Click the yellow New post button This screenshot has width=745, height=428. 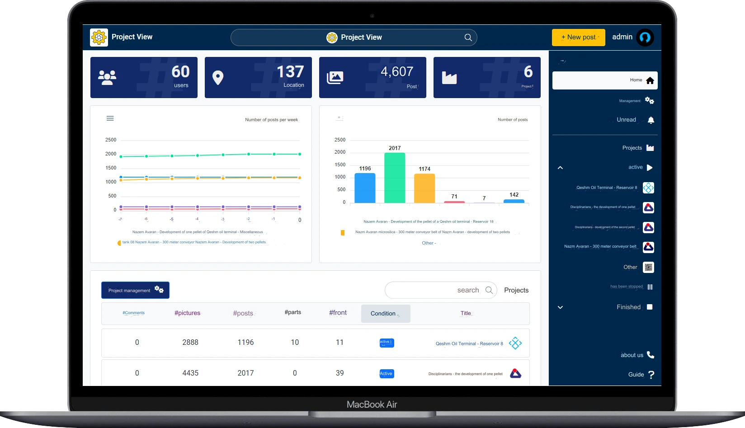click(578, 38)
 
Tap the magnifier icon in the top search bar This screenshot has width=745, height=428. click(468, 38)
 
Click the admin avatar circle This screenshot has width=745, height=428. click(645, 38)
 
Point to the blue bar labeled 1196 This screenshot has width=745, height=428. click(365, 188)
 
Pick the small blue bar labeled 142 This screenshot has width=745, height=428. click(514, 201)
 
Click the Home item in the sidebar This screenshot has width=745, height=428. click(605, 80)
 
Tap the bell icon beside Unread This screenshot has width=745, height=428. click(651, 120)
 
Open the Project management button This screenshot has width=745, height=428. click(135, 290)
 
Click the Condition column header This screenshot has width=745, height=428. click(386, 314)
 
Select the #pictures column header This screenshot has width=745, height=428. click(187, 313)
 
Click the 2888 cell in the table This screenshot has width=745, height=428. click(190, 343)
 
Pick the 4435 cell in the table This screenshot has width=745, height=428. click(190, 373)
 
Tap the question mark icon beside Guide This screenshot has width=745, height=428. click(651, 375)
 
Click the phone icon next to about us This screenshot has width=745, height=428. click(651, 355)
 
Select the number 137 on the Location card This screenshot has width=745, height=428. click(290, 72)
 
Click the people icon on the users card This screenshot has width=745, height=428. click(107, 78)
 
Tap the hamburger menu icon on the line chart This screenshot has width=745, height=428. click(110, 118)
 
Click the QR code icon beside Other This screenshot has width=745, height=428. click(649, 267)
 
